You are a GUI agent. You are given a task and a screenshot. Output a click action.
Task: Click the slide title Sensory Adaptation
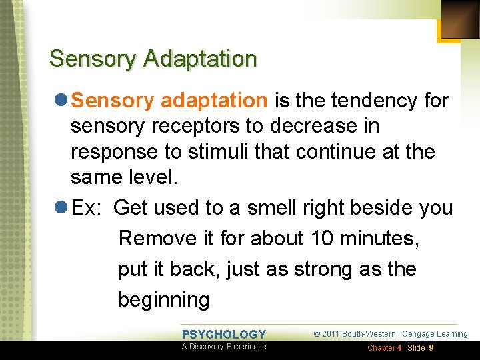(153, 59)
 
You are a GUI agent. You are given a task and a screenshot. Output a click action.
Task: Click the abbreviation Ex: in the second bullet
(87, 208)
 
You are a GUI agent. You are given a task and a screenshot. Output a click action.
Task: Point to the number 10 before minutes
(313, 239)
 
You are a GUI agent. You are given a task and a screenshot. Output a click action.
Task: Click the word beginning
(163, 300)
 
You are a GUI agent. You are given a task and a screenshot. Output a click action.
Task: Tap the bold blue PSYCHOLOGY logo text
(224, 334)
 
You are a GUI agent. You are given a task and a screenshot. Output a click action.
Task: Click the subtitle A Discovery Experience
(224, 347)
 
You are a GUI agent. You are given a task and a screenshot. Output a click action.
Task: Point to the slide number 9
(431, 348)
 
